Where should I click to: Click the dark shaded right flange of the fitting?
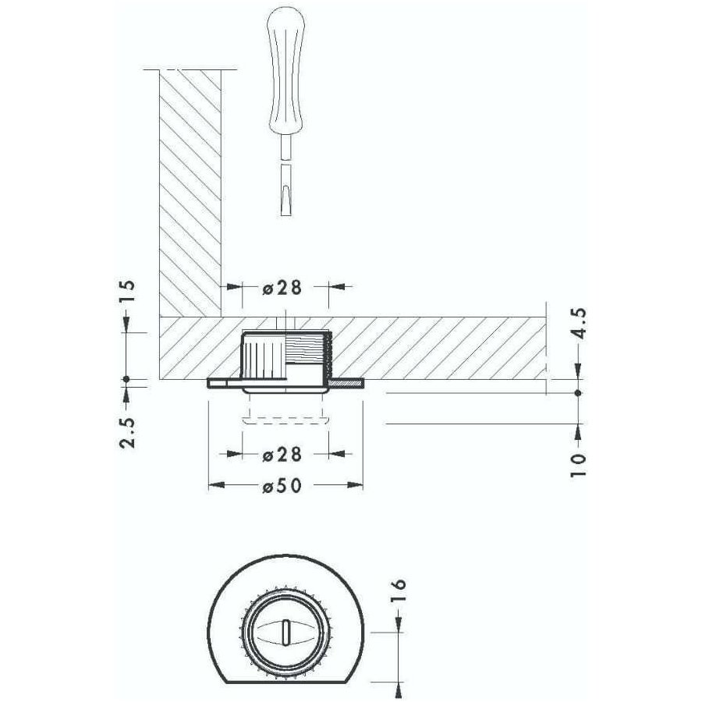[x=347, y=384]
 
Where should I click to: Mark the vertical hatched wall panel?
[x=190, y=187]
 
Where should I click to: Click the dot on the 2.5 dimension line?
[x=126, y=380]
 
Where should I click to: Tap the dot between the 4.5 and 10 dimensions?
[x=578, y=392]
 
